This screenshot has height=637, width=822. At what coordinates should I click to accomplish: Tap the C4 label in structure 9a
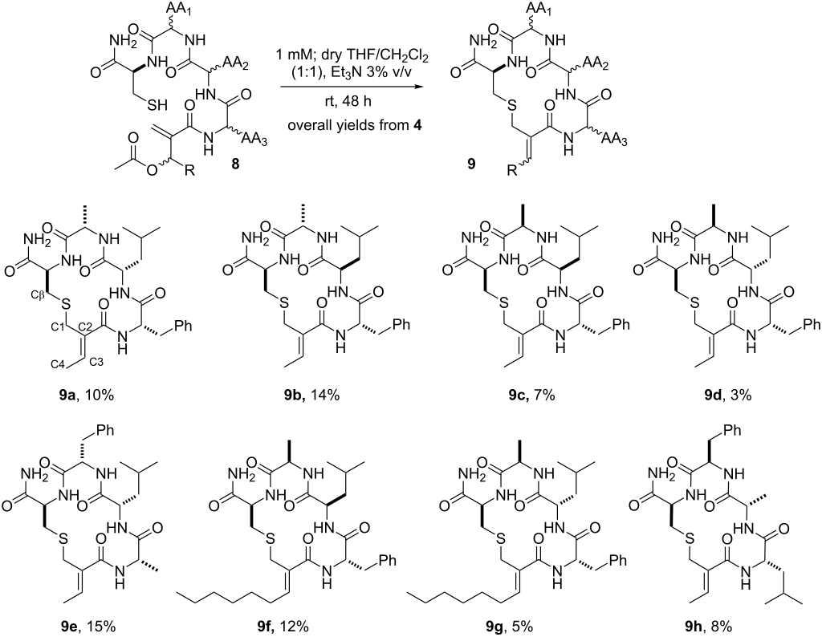click(35, 365)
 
